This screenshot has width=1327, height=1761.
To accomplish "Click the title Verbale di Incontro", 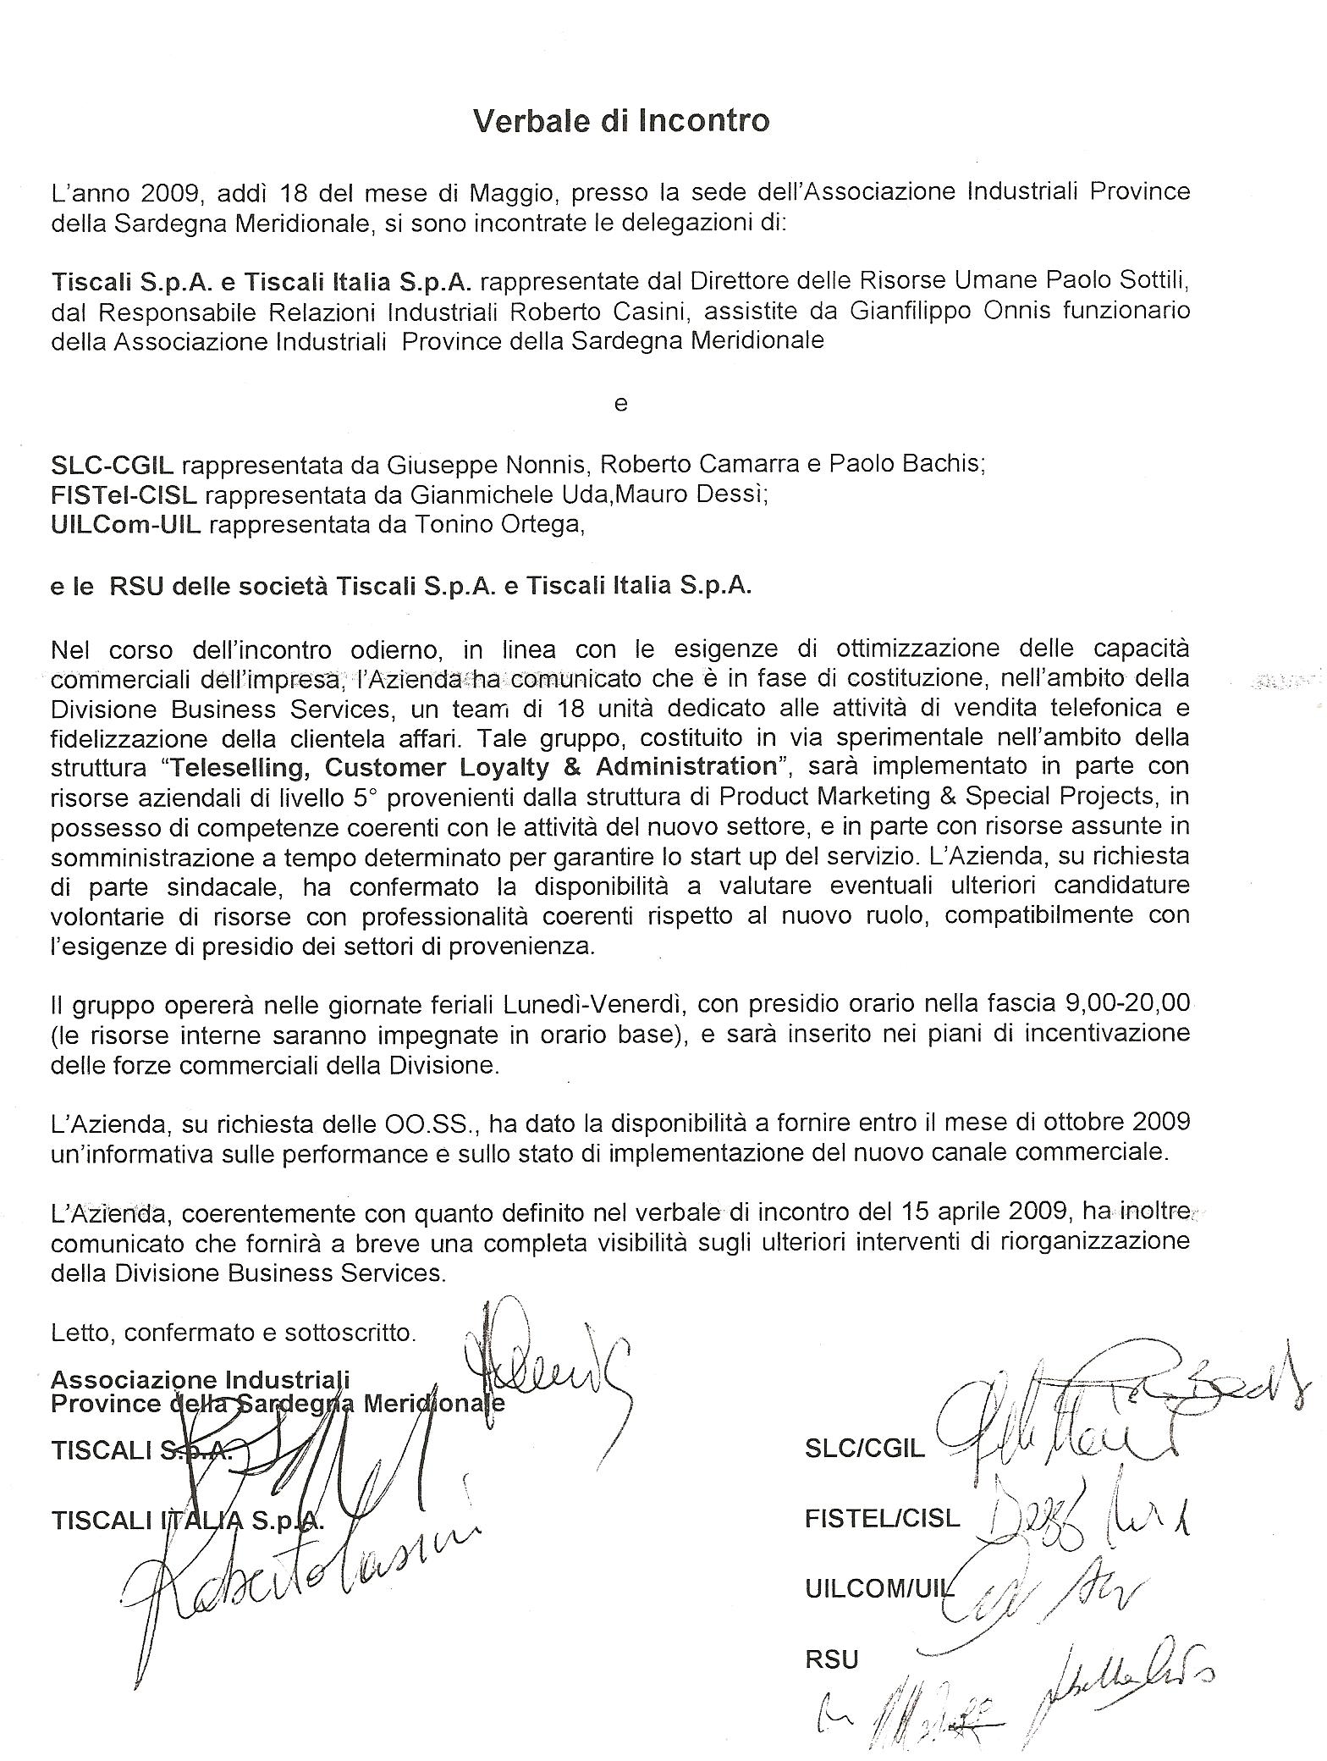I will point(620,121).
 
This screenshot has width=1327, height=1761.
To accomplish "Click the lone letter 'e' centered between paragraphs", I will point(620,404).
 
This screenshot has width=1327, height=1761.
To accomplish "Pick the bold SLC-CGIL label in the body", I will point(113,465).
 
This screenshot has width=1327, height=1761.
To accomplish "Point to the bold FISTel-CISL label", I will point(124,495).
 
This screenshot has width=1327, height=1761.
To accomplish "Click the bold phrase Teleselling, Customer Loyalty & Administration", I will point(474,767).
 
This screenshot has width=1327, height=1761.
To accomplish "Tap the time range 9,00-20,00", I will point(1125,1004).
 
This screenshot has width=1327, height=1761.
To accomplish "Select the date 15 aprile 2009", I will point(977,1212).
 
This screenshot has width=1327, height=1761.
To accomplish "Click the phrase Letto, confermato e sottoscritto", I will point(234,1333).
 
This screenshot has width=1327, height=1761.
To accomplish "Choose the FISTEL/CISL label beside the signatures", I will point(882,1518).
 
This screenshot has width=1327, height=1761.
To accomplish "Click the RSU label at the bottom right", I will point(832,1660).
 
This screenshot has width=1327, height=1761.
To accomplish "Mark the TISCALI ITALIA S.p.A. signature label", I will point(186,1521).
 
